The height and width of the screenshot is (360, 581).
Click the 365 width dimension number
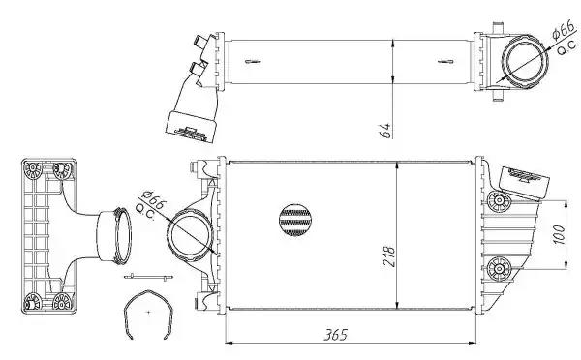pos(336,335)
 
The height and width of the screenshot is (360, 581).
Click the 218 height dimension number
pos(389,256)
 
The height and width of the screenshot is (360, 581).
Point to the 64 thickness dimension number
pos(385,131)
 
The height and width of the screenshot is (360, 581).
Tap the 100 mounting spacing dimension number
pos(559,235)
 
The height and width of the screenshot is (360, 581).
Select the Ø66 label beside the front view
pos(155,199)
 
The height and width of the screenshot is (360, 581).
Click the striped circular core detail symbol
pos(295,220)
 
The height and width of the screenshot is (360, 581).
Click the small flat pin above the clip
pos(148,277)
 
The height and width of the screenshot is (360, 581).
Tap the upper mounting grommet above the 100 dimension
pos(499,201)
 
